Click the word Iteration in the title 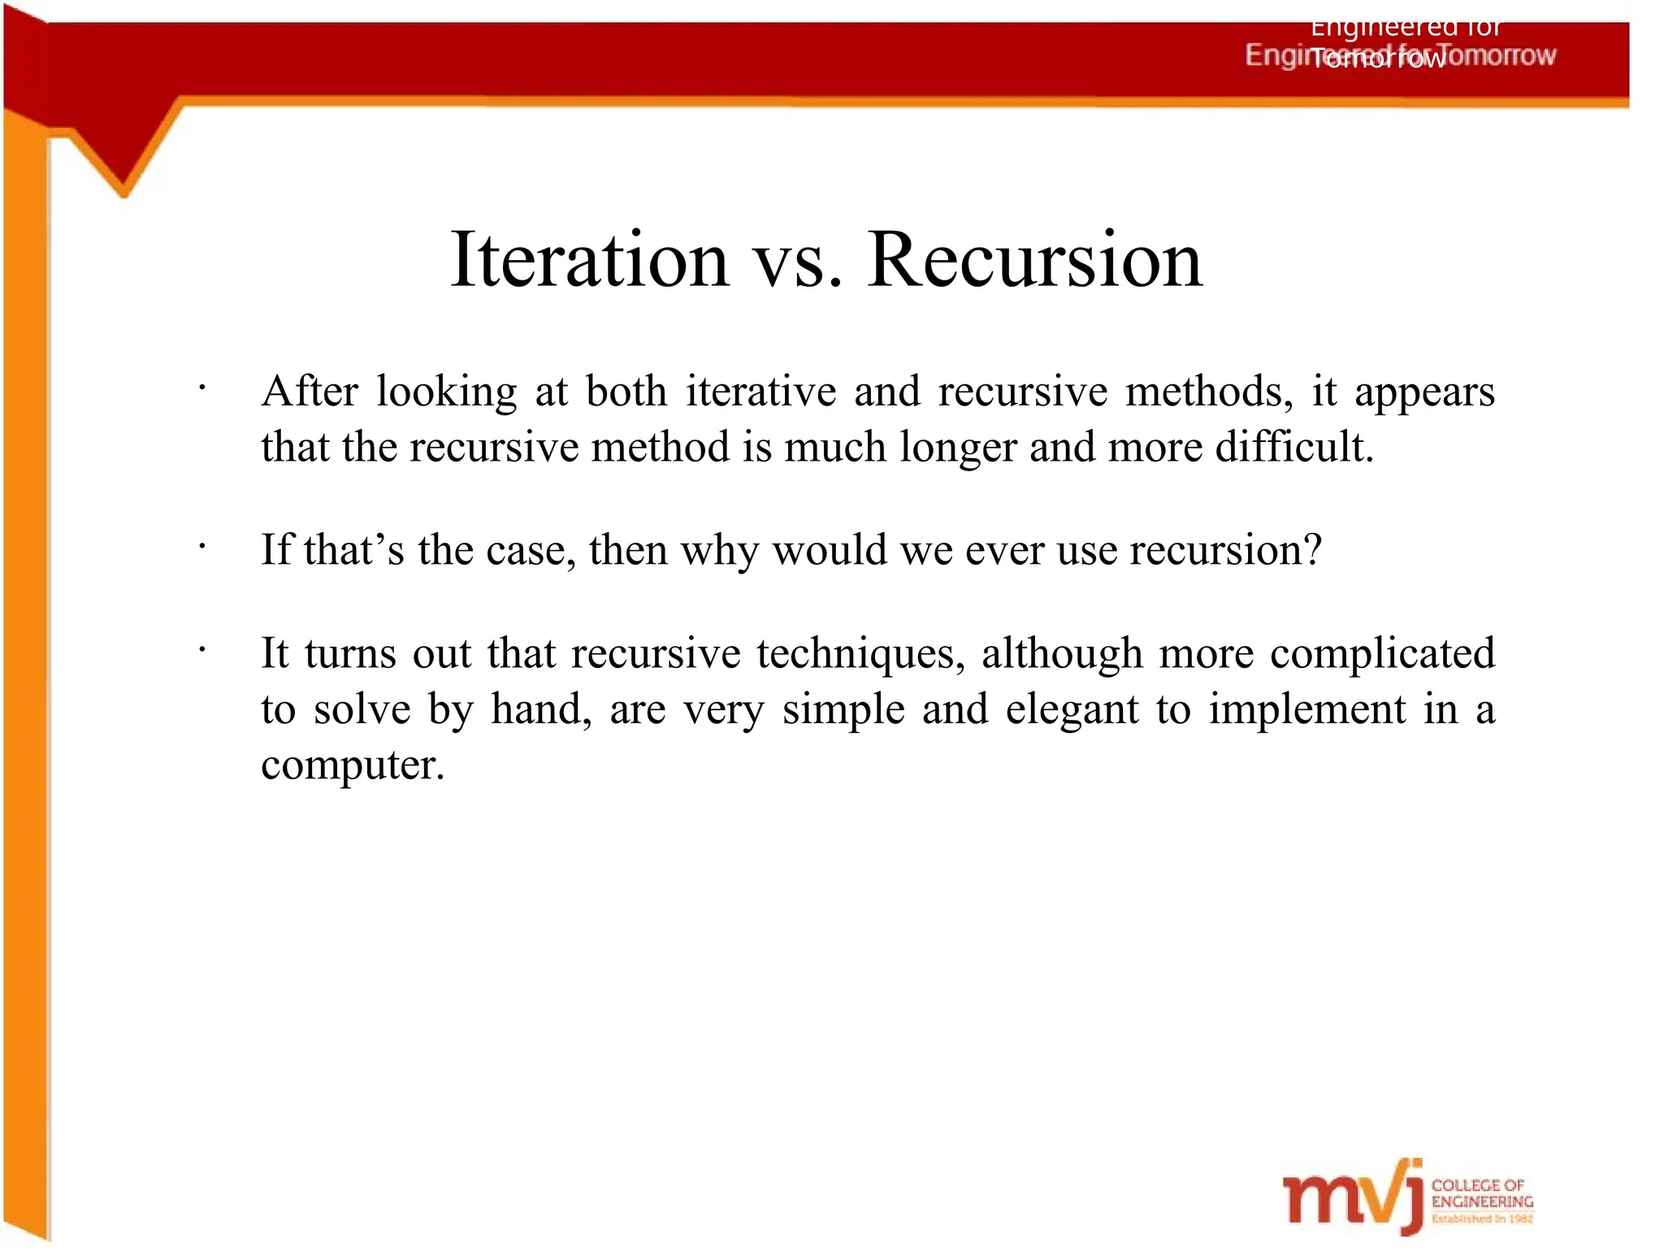click(589, 260)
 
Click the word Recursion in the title click(1034, 260)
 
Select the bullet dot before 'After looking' click(201, 388)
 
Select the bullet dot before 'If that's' click(201, 547)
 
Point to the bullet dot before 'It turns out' click(201, 650)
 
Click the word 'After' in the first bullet click(310, 392)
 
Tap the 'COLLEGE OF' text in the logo click(1477, 1185)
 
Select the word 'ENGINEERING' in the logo click(1482, 1202)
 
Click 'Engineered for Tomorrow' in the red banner click(1400, 55)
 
